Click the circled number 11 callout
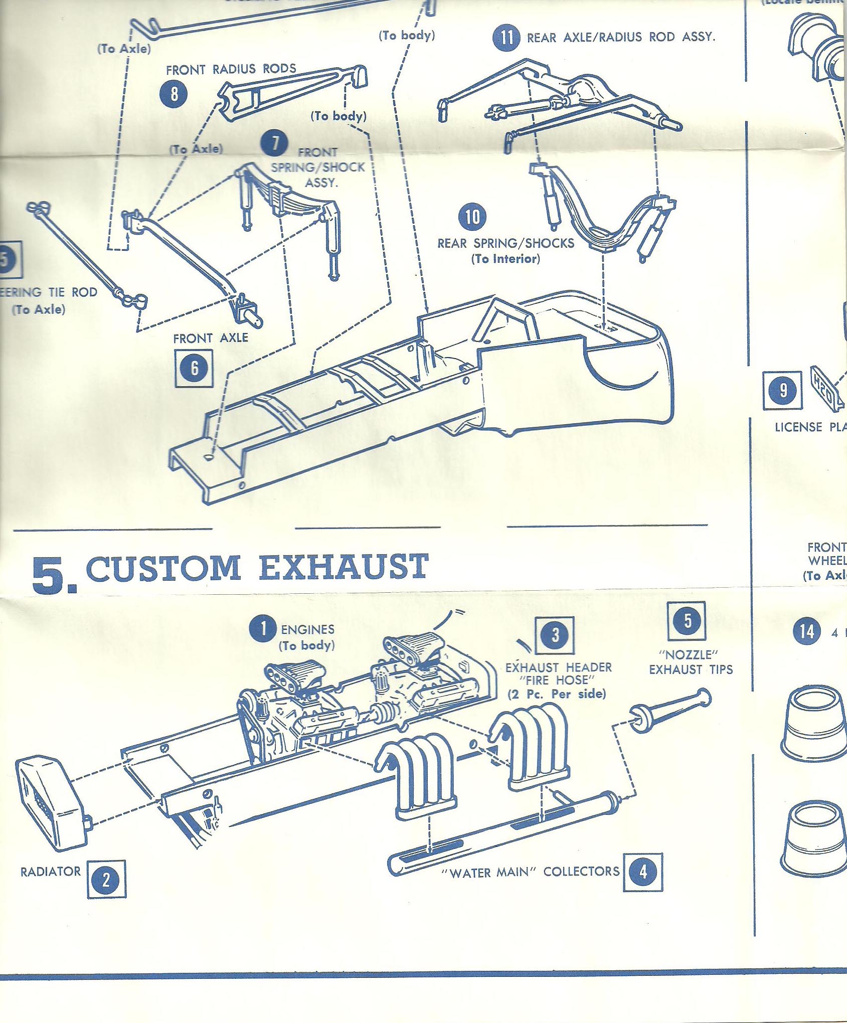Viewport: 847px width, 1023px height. (x=506, y=37)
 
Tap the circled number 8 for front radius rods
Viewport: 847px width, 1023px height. (x=174, y=94)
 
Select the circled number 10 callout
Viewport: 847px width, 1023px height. (x=472, y=217)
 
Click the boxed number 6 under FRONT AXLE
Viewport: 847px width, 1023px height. (x=194, y=369)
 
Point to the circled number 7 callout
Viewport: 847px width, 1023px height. (x=274, y=143)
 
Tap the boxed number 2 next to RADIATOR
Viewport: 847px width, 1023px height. (x=106, y=880)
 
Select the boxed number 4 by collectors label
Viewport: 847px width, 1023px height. (x=642, y=872)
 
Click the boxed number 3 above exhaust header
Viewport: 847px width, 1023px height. (x=554, y=635)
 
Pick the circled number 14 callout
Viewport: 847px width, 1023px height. (x=806, y=632)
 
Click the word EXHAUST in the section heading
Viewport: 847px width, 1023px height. (x=344, y=568)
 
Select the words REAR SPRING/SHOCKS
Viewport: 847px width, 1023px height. (x=505, y=244)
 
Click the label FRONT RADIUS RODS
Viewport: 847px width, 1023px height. (x=231, y=69)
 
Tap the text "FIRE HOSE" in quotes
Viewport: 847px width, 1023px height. (x=557, y=680)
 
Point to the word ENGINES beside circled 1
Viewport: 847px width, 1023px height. (x=307, y=629)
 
